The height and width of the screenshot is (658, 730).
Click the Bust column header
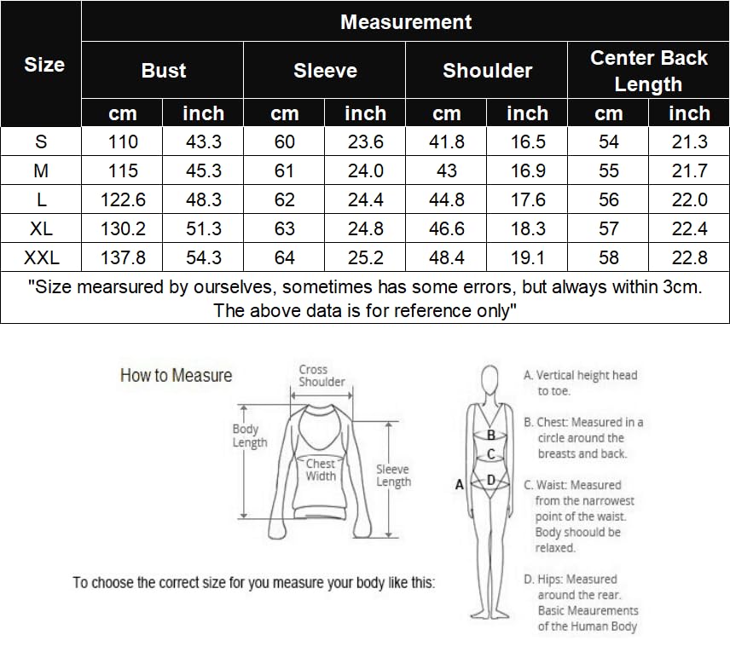point(164,71)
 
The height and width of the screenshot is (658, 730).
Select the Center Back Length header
point(648,71)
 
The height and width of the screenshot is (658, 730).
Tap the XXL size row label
point(42,257)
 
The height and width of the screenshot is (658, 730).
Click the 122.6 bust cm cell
point(123,199)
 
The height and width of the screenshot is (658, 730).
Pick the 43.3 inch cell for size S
point(204,142)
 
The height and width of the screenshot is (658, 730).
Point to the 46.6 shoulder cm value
point(447,228)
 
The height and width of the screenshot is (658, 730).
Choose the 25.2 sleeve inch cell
point(366,257)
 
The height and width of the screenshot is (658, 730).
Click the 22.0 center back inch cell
point(690,199)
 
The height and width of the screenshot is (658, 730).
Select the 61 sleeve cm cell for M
point(285,170)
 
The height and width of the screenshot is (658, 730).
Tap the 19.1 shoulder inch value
point(528,257)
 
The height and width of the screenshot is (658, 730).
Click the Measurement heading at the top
point(406,22)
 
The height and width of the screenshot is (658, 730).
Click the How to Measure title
point(176,375)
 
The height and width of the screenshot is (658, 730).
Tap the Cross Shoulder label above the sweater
point(322,376)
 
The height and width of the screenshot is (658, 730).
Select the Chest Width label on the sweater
point(321,470)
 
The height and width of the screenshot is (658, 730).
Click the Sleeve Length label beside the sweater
point(393,476)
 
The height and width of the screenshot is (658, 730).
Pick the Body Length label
point(250,436)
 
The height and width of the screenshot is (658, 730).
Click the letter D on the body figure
point(491,480)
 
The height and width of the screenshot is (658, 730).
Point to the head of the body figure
point(490,379)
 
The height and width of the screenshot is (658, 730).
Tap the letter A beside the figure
point(460,485)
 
